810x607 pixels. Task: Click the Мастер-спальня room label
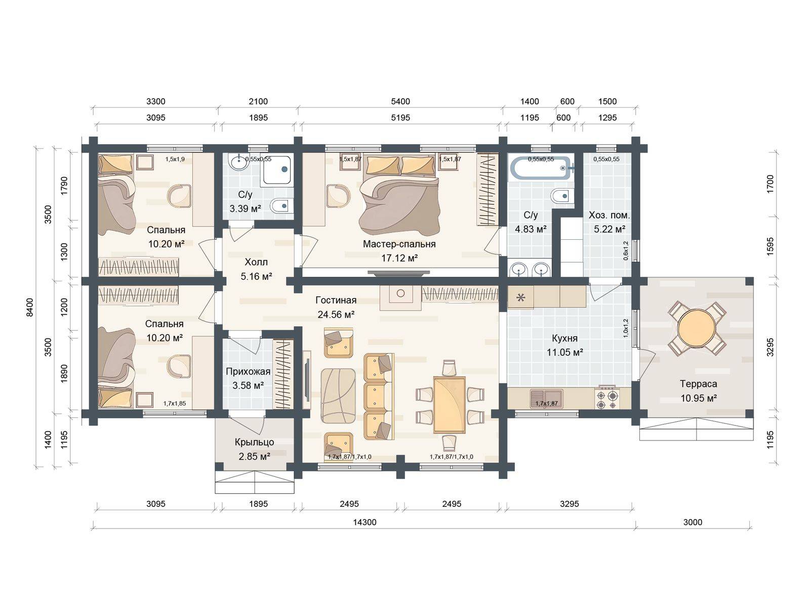pos(399,244)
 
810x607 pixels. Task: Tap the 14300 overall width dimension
pos(364,522)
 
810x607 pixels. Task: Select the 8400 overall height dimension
pos(30,307)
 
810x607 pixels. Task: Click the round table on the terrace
pos(697,328)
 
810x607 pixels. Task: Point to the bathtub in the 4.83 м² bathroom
pos(541,168)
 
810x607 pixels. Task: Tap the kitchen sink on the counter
pos(547,399)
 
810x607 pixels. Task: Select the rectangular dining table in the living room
pos(449,404)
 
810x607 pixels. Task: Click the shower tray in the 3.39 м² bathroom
pos(276,170)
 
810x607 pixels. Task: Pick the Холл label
pos(256,262)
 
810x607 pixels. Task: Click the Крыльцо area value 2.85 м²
pos(254,456)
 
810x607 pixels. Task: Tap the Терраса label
pos(699,383)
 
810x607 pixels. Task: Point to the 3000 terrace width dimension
pos(693,522)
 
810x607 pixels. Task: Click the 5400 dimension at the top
pos(400,101)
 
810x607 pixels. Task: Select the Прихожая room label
pos(248,371)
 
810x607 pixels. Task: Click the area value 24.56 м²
pos(336,314)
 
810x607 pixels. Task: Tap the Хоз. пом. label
pos(609,215)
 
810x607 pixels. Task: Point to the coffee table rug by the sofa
pos(338,396)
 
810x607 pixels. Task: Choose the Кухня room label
pos(564,338)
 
